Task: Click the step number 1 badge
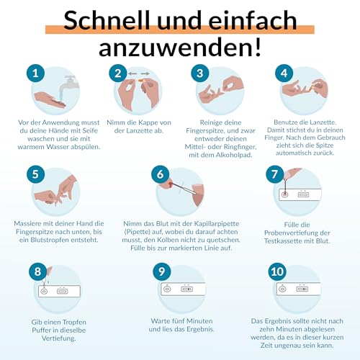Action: pos(32,73)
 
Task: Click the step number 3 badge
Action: pos(199,73)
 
